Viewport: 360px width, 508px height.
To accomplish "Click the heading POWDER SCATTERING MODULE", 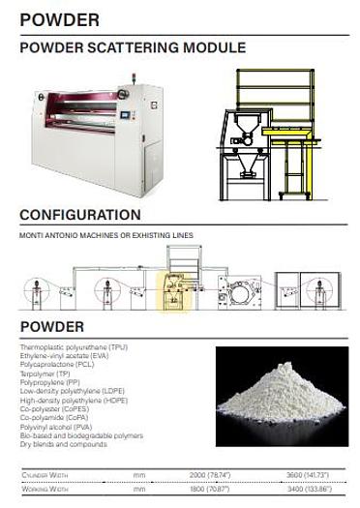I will pyautogui.click(x=133, y=47).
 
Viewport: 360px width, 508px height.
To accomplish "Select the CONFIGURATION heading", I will pyautogui.click(x=80, y=215).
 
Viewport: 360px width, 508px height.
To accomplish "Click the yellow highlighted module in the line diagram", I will pyautogui.click(x=173, y=289).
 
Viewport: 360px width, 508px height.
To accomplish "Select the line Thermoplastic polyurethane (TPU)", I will pyautogui.click(x=74, y=346).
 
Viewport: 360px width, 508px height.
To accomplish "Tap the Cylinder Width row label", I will pyautogui.click(x=46, y=475).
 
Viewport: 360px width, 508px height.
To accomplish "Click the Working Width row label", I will pyautogui.click(x=45, y=491).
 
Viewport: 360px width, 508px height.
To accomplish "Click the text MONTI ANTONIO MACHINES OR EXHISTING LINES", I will pyautogui.click(x=106, y=235).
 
